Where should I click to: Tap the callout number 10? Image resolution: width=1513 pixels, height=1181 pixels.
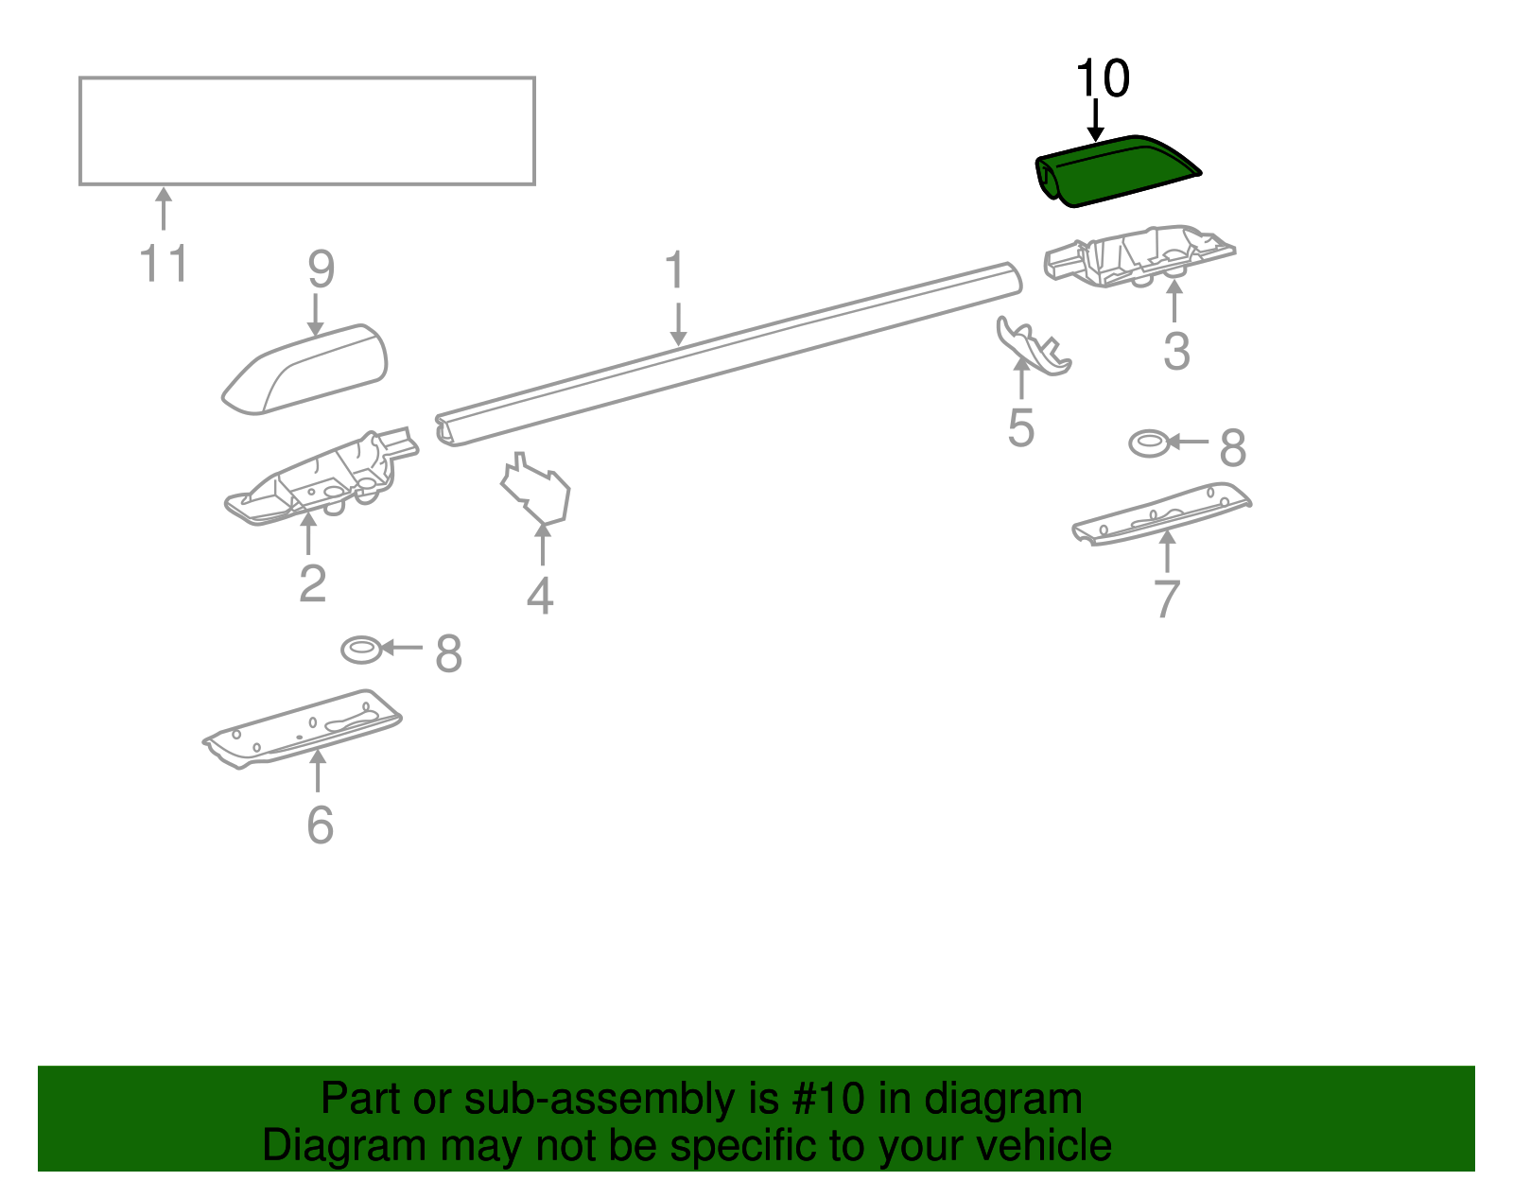click(x=1103, y=78)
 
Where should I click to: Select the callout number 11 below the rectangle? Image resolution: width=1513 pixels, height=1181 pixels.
click(x=164, y=264)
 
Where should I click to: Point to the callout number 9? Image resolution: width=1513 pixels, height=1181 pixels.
click(x=321, y=269)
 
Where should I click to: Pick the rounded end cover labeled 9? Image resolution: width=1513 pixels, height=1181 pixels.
click(x=307, y=371)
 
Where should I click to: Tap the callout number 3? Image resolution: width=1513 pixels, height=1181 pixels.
click(x=1175, y=352)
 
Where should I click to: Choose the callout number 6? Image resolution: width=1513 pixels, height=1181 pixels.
click(x=320, y=825)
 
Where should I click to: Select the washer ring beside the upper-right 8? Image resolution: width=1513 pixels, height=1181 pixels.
click(x=1149, y=443)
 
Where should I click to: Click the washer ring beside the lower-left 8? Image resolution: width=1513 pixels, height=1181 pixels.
click(x=361, y=650)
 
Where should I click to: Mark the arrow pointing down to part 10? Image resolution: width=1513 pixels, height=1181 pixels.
click(x=1095, y=120)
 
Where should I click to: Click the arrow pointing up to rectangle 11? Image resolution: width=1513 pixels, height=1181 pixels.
click(x=164, y=208)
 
